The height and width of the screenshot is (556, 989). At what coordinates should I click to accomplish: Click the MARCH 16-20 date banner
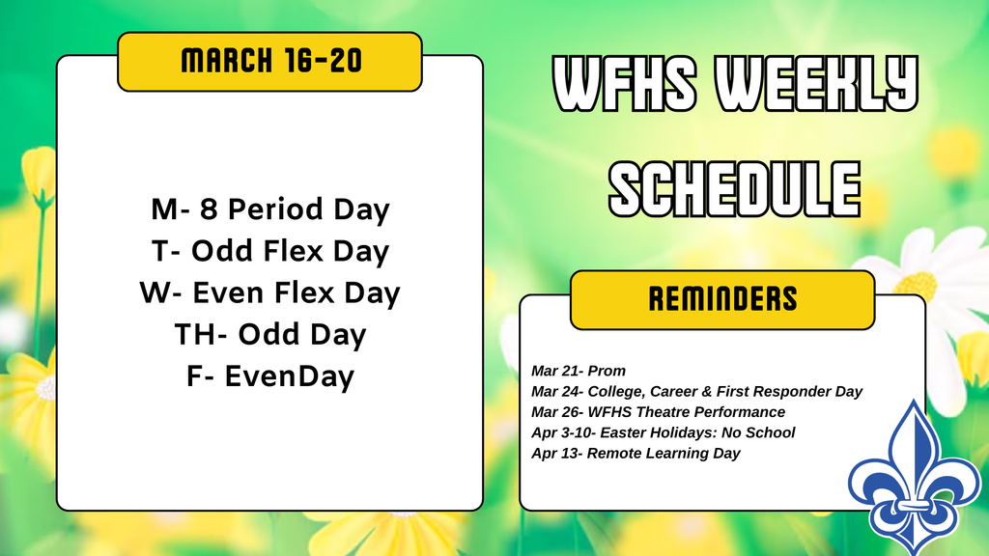click(269, 62)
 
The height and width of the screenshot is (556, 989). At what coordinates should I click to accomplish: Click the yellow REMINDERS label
click(722, 299)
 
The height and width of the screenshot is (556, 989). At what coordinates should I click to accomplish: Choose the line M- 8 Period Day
click(269, 209)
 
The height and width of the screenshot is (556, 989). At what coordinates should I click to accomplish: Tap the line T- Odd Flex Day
click(269, 251)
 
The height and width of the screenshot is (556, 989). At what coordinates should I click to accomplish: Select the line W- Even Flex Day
click(269, 292)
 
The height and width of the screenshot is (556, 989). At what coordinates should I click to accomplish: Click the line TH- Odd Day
click(269, 335)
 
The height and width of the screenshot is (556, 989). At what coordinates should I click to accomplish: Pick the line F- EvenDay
click(269, 376)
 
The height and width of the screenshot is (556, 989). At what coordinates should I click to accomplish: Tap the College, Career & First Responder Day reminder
click(696, 391)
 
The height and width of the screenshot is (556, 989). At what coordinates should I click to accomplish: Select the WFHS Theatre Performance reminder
click(658, 412)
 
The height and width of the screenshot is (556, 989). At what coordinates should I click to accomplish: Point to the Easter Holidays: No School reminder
click(663, 432)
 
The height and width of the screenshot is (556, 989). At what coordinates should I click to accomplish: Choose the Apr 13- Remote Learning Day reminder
click(636, 454)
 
